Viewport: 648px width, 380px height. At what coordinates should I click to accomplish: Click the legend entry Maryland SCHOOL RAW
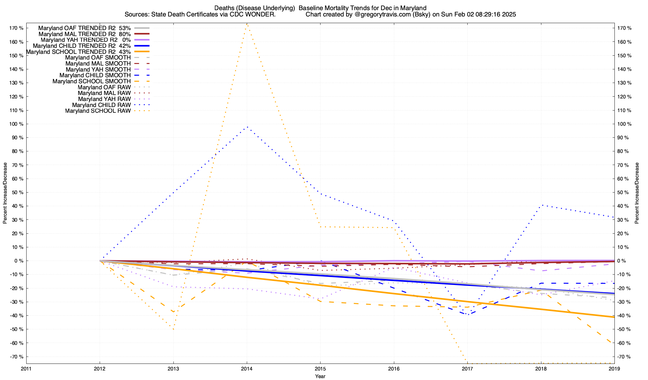[x=98, y=111]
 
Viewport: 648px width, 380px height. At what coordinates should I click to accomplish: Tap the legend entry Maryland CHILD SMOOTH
[x=95, y=75]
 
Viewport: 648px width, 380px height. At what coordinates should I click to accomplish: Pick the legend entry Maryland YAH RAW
[x=102, y=99]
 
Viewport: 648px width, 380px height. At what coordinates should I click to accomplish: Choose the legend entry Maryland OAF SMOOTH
[x=98, y=58]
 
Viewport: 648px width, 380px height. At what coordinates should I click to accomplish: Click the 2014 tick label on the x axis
[x=247, y=369]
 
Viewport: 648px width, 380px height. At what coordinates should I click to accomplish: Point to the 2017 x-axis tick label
[x=467, y=369]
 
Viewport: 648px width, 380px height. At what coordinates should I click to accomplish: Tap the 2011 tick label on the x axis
[x=26, y=369]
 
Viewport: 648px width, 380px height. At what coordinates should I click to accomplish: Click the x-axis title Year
[x=320, y=376]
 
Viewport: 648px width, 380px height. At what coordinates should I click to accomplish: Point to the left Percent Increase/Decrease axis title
[x=5, y=193]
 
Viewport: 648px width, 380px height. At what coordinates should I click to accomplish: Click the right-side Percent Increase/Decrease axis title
[x=637, y=193]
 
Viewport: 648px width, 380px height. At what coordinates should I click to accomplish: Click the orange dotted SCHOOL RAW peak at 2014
[x=247, y=24]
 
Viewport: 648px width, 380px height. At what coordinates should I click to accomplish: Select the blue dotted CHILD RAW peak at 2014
[x=247, y=127]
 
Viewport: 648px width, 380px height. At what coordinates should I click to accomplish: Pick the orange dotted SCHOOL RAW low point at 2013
[x=173, y=329]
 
